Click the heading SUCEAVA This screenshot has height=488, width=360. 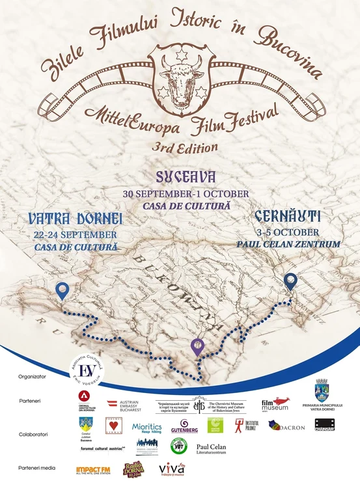click(x=185, y=177)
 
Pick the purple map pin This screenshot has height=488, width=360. click(x=197, y=347)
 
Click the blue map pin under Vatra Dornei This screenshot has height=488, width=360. click(x=62, y=291)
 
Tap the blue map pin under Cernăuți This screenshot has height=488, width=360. click(x=290, y=282)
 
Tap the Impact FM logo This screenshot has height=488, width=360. click(x=92, y=469)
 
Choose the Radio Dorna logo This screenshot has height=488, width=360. click(x=133, y=468)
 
